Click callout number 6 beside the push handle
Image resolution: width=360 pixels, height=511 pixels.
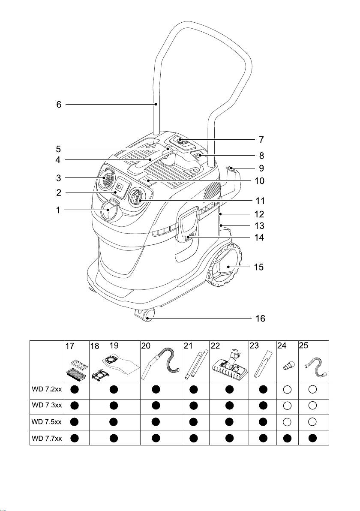[x=59, y=105]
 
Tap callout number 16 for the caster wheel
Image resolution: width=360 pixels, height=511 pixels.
[x=260, y=318]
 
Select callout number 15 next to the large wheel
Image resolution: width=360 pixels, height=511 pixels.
[x=259, y=267]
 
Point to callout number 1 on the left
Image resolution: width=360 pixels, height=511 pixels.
[x=58, y=210]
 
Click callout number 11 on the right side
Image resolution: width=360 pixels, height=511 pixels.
[x=260, y=201]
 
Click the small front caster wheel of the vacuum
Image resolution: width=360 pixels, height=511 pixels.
[x=145, y=316]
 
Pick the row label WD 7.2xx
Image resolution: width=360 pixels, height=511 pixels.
[x=47, y=389]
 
